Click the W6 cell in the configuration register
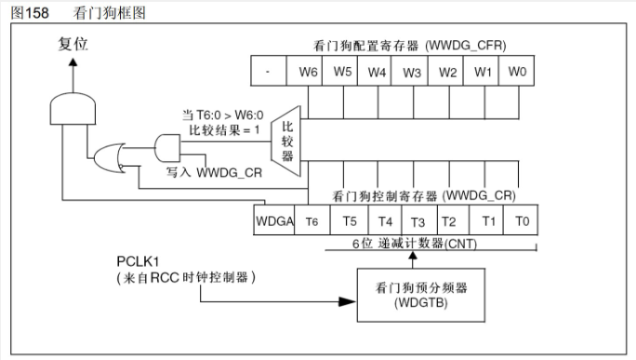click(x=304, y=71)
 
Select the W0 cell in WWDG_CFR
click(x=516, y=71)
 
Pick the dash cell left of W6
click(x=269, y=71)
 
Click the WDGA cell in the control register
click(x=273, y=220)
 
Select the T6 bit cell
click(x=311, y=220)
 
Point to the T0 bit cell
click(x=521, y=220)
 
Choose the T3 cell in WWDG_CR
click(x=419, y=220)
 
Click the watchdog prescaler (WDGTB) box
click(x=421, y=295)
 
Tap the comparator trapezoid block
click(x=286, y=141)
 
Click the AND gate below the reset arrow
click(x=73, y=108)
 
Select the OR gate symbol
click(x=109, y=158)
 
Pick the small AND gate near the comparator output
click(x=167, y=148)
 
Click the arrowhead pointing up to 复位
click(x=73, y=62)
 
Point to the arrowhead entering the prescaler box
click(x=347, y=301)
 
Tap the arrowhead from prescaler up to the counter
click(x=413, y=256)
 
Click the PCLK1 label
click(x=138, y=261)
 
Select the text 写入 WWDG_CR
click(x=214, y=172)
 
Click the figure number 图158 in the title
click(x=30, y=13)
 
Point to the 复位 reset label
click(x=73, y=44)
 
